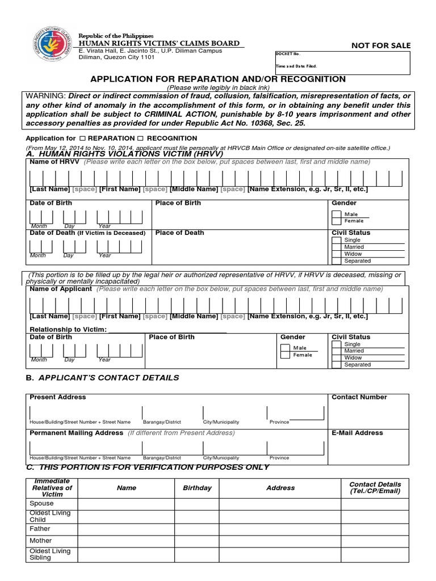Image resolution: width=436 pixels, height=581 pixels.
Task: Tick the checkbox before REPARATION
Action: click(82, 138)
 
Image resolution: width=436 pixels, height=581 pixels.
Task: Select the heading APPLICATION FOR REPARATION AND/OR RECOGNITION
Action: click(219, 79)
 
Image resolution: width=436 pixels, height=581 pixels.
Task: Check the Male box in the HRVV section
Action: click(337, 214)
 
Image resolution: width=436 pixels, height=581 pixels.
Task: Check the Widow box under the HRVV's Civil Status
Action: click(337, 254)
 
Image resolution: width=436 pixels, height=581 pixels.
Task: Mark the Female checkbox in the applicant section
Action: click(286, 355)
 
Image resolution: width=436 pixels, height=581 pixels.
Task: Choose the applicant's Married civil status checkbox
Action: click(337, 351)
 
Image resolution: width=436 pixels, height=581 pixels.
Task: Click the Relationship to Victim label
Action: click(68, 330)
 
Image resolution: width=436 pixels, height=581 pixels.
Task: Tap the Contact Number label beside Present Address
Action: click(359, 397)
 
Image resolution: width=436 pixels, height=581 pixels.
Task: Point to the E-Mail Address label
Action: click(357, 433)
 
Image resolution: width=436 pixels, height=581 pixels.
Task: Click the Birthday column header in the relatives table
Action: click(197, 488)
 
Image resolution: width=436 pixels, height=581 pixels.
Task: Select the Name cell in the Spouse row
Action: click(125, 504)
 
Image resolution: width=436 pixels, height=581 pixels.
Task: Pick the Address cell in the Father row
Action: click(280, 529)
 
